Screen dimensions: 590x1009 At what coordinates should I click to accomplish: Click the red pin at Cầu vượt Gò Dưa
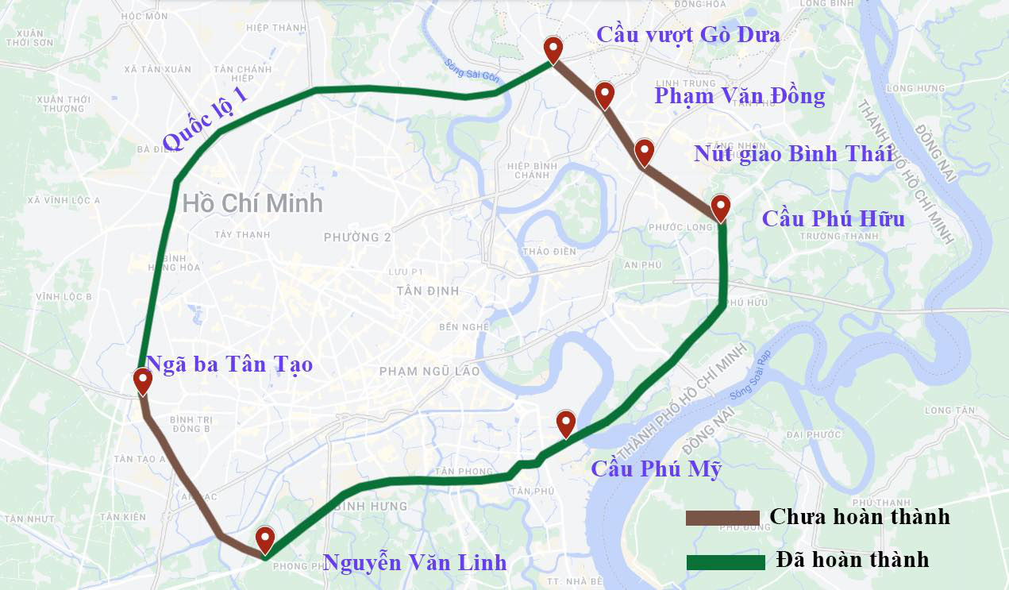pyautogui.click(x=553, y=48)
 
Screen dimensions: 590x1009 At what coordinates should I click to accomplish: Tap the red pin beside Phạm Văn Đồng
pyautogui.click(x=605, y=94)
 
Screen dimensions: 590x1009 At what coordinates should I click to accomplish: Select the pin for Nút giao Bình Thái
pyautogui.click(x=644, y=150)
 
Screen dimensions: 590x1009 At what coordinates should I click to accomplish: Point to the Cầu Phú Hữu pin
pyautogui.click(x=720, y=206)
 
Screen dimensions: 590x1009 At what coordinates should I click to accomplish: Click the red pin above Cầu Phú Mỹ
pyautogui.click(x=565, y=422)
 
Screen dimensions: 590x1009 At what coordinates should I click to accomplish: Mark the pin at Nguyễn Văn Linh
pyautogui.click(x=264, y=538)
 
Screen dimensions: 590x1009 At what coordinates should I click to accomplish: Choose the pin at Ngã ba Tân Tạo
pyautogui.click(x=143, y=380)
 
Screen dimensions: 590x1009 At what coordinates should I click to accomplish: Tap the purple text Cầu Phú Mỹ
pyautogui.click(x=656, y=469)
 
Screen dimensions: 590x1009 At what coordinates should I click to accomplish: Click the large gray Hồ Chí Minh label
pyautogui.click(x=252, y=203)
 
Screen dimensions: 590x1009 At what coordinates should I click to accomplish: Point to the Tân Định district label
pyautogui.click(x=427, y=291)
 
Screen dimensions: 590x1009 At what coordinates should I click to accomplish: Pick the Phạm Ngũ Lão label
pyautogui.click(x=429, y=371)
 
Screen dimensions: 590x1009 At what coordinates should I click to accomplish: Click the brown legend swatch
pyautogui.click(x=722, y=518)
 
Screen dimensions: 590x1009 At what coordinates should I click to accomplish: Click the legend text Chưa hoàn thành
pyautogui.click(x=860, y=517)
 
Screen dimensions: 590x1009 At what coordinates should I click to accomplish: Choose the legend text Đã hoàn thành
pyautogui.click(x=853, y=560)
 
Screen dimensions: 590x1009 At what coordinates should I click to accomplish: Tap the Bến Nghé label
pyautogui.click(x=460, y=327)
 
